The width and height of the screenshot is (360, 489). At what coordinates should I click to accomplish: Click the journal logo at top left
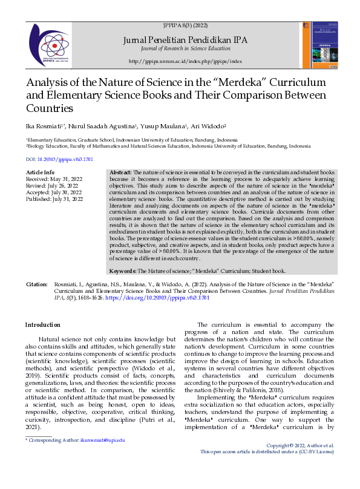50,44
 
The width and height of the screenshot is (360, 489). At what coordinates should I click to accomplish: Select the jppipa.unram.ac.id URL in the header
185,62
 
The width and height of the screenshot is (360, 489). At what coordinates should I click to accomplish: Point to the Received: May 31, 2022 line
54,180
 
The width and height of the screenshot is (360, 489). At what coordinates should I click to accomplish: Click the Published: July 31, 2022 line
54,199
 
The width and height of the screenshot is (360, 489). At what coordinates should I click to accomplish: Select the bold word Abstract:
120,173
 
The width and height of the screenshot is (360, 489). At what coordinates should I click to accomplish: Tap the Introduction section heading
42,325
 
